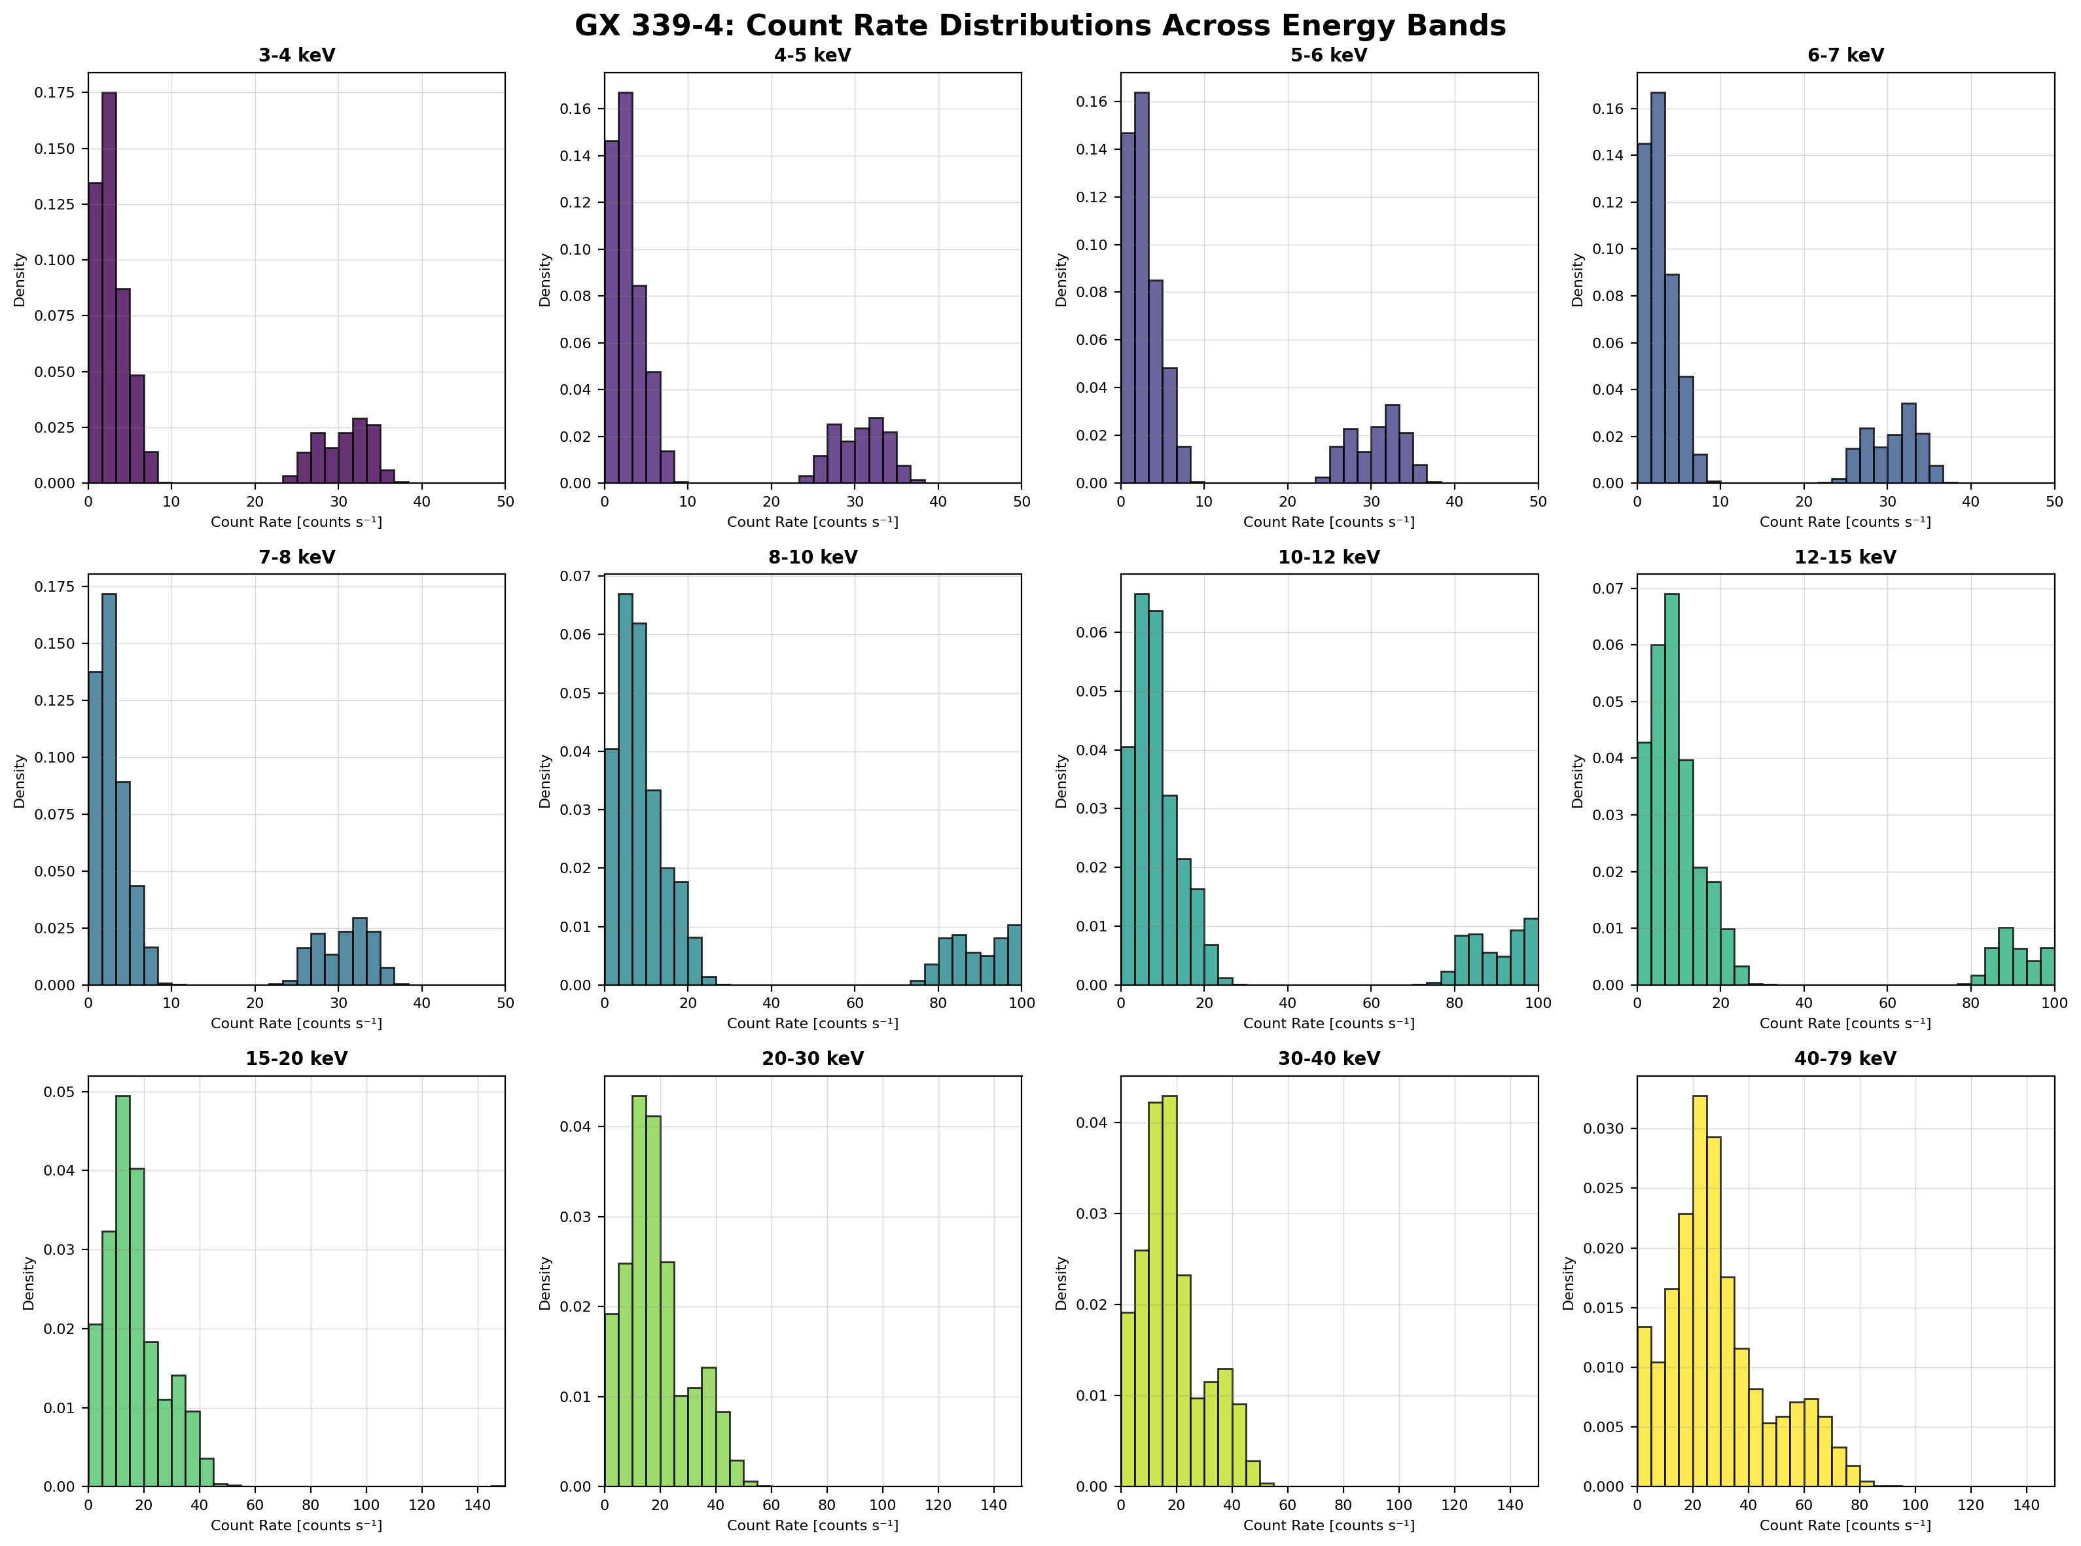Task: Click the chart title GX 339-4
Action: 1040,26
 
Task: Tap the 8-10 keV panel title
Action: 812,557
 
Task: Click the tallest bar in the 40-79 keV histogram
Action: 1699,1291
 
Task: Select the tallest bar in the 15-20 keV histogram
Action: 122,1291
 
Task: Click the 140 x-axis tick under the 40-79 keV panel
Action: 2026,1505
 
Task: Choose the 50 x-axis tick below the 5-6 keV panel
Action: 1537,501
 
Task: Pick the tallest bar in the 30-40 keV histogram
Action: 1169,1291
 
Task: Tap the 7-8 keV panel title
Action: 296,557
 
